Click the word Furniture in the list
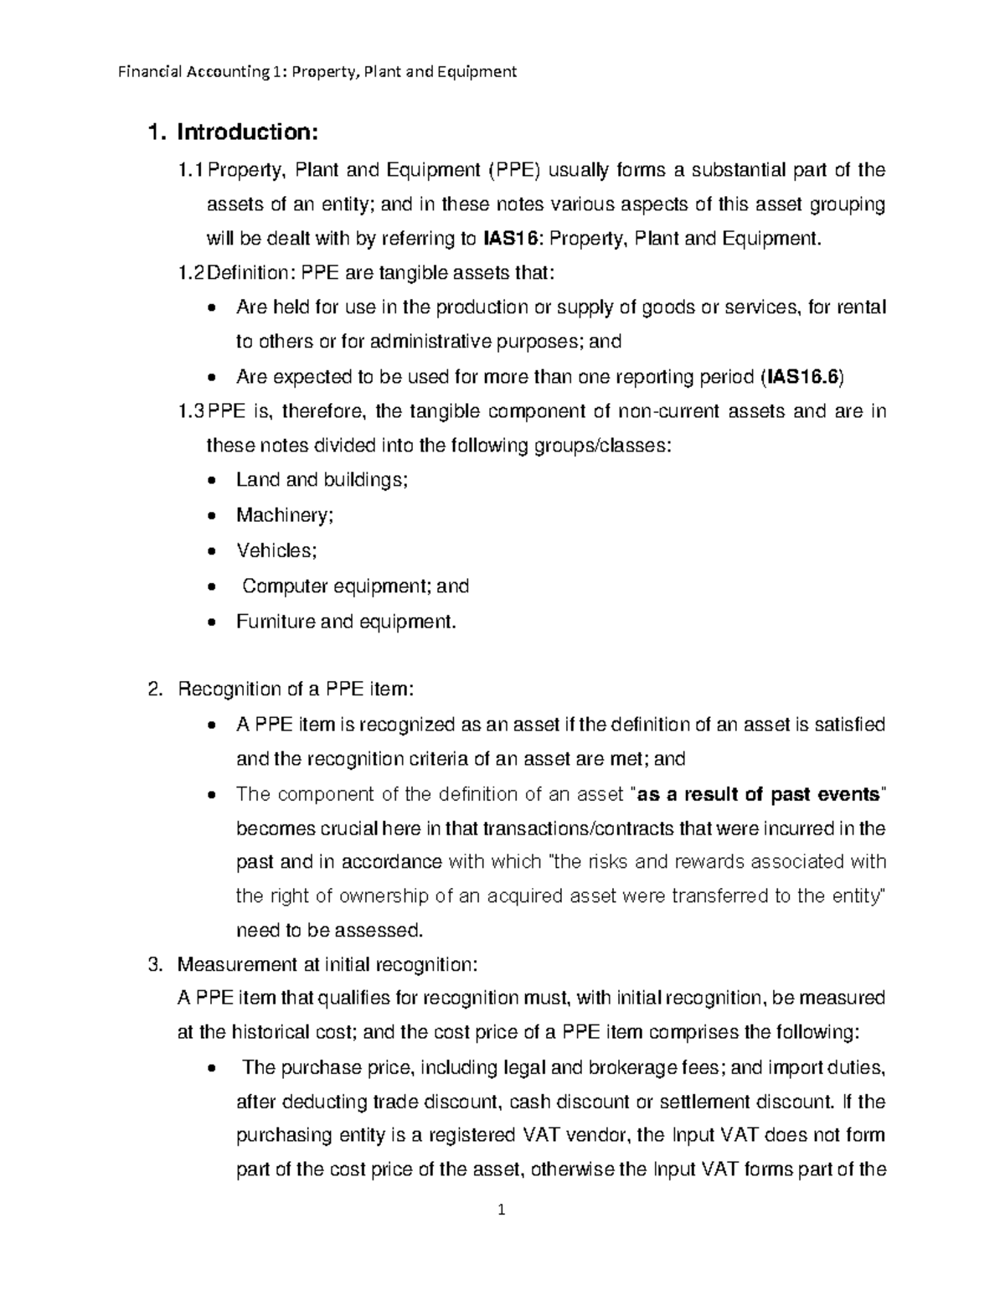pyautogui.click(x=267, y=622)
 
